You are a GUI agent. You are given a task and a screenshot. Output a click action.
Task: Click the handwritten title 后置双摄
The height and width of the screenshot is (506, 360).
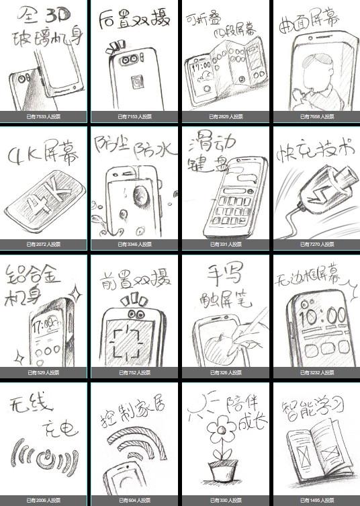click(134, 21)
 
